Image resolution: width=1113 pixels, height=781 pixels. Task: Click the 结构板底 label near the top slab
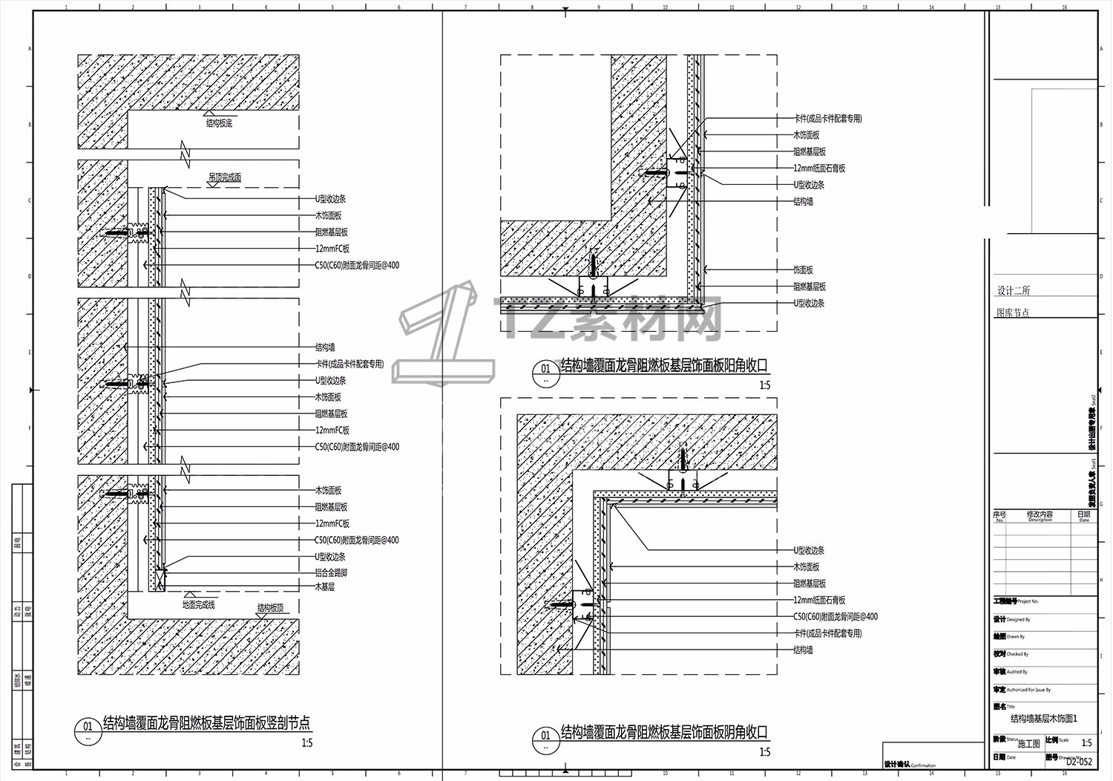point(220,123)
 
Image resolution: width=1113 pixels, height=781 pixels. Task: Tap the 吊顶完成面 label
point(224,177)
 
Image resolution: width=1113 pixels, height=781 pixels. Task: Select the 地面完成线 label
point(199,604)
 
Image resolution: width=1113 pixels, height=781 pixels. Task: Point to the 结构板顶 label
point(270,608)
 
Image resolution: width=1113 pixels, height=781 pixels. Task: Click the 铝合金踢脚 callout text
point(331,573)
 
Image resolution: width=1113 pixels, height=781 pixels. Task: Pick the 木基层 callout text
point(325,586)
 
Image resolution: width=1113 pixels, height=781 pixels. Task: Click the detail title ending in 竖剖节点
point(206,722)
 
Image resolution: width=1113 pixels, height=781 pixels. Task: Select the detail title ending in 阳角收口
point(664,365)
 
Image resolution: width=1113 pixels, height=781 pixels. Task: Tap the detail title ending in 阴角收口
point(664,732)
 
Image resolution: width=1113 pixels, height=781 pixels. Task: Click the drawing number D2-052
point(1079,761)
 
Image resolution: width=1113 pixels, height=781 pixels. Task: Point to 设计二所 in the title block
point(1014,290)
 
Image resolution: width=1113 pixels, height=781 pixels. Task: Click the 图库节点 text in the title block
point(1013,313)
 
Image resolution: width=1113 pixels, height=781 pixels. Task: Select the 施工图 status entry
point(1029,743)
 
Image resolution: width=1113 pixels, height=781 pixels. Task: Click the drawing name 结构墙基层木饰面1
point(1044,719)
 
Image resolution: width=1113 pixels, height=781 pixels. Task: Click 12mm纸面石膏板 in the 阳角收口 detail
point(819,169)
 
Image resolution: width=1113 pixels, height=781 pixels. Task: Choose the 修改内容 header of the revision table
point(1040,514)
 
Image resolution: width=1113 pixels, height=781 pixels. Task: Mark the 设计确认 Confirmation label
point(910,765)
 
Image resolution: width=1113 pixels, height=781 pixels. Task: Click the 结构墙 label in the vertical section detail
point(325,347)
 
